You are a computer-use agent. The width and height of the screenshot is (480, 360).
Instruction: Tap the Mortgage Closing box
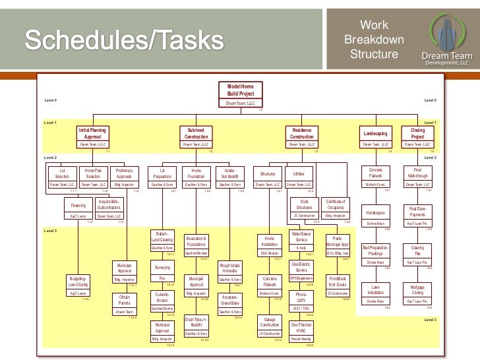[417, 292]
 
